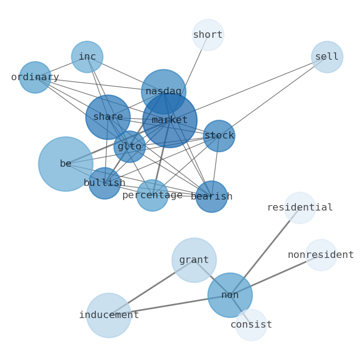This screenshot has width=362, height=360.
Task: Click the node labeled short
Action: [208, 35]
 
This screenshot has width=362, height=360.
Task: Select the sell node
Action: [327, 57]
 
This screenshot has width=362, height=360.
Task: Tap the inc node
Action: [87, 57]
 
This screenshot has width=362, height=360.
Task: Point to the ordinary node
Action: [35, 77]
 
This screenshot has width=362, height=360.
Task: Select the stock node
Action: [219, 136]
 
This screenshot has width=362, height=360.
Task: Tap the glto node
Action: [129, 147]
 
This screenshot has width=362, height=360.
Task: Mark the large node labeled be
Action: [66, 164]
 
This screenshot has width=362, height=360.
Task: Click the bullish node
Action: [104, 183]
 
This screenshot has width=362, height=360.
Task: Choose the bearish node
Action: [212, 197]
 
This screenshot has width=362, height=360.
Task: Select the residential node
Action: [300, 208]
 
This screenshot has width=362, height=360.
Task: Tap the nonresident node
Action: [321, 255]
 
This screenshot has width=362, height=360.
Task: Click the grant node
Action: [194, 260]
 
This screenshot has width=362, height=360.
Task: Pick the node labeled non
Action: [230, 295]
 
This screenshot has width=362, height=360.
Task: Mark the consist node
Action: [251, 325]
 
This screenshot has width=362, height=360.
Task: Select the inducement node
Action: [109, 315]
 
